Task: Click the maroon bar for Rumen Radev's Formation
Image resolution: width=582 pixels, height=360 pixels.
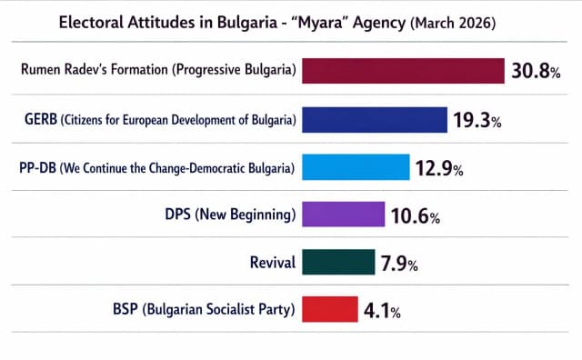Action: [x=403, y=71]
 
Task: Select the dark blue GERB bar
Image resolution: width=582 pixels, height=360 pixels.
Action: [x=374, y=120]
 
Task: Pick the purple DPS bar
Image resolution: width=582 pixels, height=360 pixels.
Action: [x=346, y=215]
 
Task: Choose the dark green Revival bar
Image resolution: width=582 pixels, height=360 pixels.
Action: [x=337, y=263]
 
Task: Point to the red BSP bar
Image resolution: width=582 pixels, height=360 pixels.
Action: [x=328, y=310]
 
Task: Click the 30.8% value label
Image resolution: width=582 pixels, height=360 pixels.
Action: [x=535, y=72]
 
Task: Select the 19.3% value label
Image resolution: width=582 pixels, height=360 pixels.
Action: [x=477, y=121]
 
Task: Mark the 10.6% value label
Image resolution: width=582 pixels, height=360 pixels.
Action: [x=417, y=216]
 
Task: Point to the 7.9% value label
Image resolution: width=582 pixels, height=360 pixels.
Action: [x=399, y=265]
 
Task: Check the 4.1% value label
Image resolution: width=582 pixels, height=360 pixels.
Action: [x=382, y=311]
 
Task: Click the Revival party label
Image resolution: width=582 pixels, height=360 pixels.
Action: [x=272, y=264]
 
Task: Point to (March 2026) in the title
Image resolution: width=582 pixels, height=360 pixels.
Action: [x=453, y=23]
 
